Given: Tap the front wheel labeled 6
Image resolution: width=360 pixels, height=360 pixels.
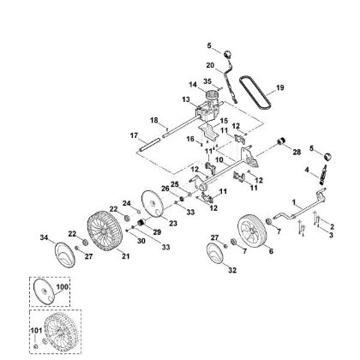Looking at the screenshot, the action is tap(252, 231).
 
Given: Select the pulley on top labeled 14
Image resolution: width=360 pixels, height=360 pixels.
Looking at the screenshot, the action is tap(212, 94).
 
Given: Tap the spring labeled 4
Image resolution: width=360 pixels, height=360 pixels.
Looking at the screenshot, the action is tap(322, 174).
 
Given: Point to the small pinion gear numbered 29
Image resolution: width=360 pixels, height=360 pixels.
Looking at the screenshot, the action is tap(141, 221).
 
